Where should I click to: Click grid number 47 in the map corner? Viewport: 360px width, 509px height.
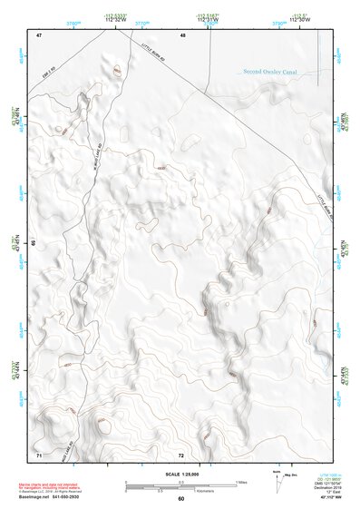click(39, 34)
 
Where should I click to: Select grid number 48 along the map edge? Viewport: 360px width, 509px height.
click(182, 34)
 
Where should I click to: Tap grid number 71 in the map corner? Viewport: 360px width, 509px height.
click(39, 453)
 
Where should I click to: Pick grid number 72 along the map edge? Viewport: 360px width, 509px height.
click(181, 454)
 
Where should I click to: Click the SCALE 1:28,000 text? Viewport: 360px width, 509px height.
click(180, 474)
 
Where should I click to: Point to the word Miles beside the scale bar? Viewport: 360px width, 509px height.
click(239, 481)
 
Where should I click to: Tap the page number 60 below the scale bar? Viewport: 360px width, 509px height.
click(180, 499)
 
